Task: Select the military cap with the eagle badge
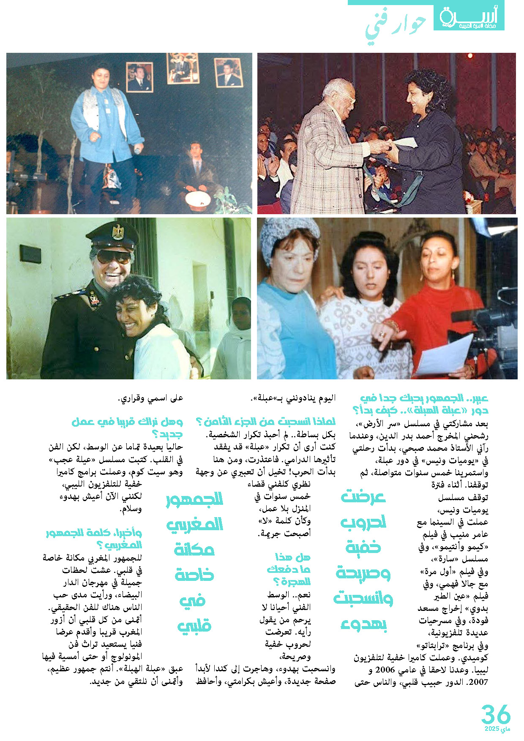(112, 237)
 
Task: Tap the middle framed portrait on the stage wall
(183, 68)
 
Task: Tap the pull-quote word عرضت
(363, 497)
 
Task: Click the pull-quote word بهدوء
(364, 624)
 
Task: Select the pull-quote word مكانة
(194, 549)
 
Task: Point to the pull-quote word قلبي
(194, 626)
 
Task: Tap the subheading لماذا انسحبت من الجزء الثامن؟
(266, 422)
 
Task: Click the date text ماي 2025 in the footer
(498, 729)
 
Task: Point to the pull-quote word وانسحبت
(363, 599)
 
